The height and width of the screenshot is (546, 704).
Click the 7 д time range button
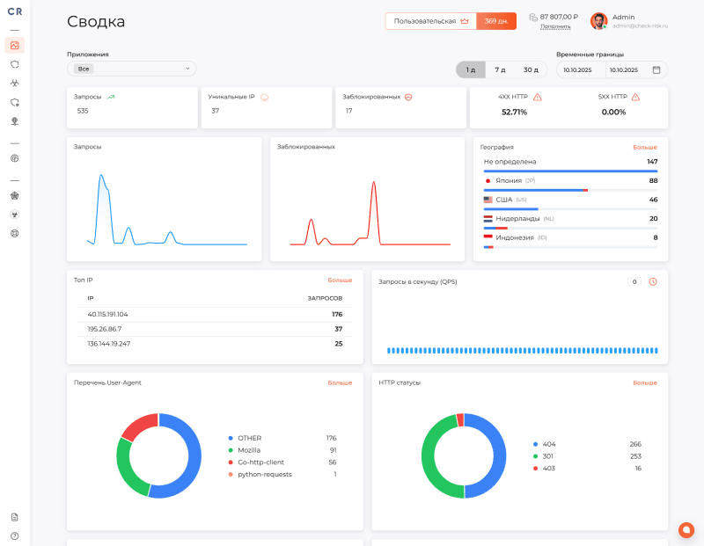click(500, 69)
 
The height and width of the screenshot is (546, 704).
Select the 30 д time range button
click(531, 69)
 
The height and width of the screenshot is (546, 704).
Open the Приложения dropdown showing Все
click(132, 69)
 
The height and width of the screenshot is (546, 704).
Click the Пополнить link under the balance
click(555, 26)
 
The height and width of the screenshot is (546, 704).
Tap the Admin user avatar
click(599, 21)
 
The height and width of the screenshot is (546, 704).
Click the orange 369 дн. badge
click(496, 21)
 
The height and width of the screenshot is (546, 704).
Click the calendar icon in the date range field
click(656, 69)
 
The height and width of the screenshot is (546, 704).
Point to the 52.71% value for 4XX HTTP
click(514, 112)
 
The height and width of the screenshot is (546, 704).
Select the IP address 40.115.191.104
click(108, 314)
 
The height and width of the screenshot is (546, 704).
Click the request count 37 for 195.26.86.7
click(338, 329)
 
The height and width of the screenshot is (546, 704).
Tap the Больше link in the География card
click(645, 147)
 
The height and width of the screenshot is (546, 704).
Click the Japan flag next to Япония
click(488, 180)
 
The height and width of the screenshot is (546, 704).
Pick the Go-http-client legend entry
click(260, 462)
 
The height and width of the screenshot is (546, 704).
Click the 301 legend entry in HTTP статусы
click(549, 456)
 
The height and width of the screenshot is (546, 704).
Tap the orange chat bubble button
click(686, 529)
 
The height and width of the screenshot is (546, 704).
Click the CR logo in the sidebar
click(15, 11)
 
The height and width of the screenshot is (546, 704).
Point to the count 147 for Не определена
click(652, 162)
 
